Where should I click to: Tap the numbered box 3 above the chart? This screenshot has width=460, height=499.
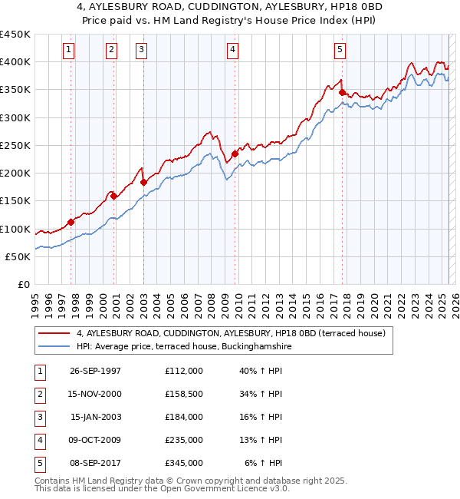(142, 50)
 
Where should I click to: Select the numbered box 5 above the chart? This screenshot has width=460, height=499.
(340, 50)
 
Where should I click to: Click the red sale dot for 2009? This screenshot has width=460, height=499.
(235, 154)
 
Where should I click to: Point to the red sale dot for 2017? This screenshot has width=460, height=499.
(342, 92)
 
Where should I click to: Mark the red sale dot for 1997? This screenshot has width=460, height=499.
(71, 222)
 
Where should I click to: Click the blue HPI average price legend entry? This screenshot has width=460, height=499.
(183, 346)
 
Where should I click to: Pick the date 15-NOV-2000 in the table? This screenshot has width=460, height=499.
(95, 394)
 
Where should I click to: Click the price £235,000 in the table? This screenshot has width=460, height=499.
(183, 440)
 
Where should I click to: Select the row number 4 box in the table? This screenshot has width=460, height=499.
(40, 440)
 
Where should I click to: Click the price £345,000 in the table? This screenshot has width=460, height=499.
(183, 463)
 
